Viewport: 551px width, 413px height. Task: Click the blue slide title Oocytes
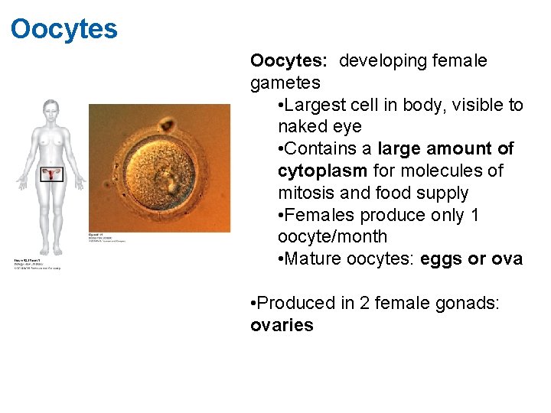[x=64, y=29]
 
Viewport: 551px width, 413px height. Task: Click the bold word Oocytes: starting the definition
[x=290, y=60]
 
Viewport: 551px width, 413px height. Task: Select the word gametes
[x=285, y=83]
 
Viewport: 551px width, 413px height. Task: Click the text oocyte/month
[x=332, y=237]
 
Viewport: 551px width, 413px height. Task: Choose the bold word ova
[x=507, y=259]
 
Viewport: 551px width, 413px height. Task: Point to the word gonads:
[x=467, y=304]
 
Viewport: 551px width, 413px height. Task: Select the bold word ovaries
[x=282, y=325]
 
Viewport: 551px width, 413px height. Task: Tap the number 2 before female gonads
[x=352, y=304]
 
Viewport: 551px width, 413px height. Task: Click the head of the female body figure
[x=51, y=109]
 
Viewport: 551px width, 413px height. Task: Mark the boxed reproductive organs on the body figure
[x=52, y=175]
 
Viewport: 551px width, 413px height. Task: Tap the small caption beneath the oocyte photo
[x=107, y=238]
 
